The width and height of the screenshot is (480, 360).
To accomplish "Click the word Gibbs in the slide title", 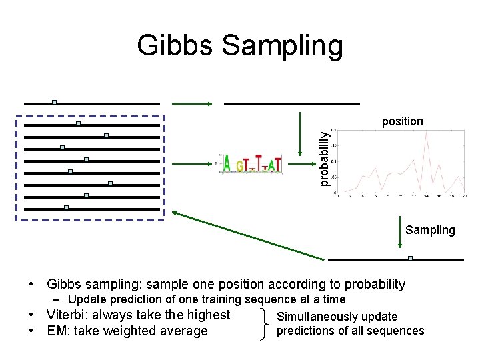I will point(175,46).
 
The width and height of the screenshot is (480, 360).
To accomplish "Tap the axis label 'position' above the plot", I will point(402,121).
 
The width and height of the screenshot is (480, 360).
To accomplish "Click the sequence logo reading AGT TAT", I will point(251,163).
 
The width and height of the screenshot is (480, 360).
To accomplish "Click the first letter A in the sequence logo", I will point(227,164).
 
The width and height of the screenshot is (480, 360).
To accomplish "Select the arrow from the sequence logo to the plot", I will point(297,136).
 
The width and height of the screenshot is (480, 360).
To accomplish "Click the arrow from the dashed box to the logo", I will point(193,163).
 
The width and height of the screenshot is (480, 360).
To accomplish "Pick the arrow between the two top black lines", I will point(193,103).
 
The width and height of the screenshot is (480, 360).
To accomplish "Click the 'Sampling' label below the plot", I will point(430,230).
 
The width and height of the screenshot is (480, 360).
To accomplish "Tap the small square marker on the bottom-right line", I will point(410,257).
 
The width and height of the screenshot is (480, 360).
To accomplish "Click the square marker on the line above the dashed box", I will point(55,102).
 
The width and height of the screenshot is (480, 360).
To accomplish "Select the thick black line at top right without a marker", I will point(291,103).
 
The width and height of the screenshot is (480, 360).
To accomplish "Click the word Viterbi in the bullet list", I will point(67,315).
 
